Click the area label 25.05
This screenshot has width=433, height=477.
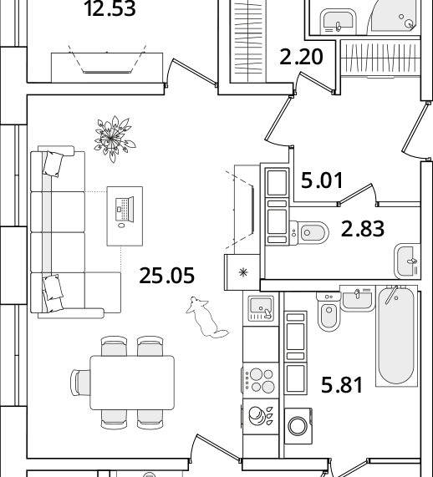pyautogui.click(x=166, y=276)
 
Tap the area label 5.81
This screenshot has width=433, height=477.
pyautogui.click(x=342, y=385)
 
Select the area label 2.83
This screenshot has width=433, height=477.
pyautogui.click(x=362, y=229)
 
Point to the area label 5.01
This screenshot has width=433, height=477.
pyautogui.click(x=322, y=180)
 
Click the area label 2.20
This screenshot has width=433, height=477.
pyautogui.click(x=301, y=57)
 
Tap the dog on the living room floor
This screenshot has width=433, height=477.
pyautogui.click(x=206, y=317)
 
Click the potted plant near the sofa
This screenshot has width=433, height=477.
pyautogui.click(x=115, y=139)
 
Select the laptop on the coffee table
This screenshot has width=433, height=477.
pyautogui.click(x=125, y=210)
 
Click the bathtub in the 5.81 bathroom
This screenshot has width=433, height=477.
pyautogui.click(x=396, y=336)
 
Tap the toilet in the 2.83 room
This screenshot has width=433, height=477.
pyautogui.click(x=308, y=233)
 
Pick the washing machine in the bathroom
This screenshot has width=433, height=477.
pyautogui.click(x=298, y=426)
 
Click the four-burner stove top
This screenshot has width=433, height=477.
pyautogui.click(x=261, y=380)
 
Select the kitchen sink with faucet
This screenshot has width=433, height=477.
pyautogui.click(x=261, y=309)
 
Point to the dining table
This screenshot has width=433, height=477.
pyautogui.click(x=132, y=383)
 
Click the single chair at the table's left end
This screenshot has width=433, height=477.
pyautogui.click(x=80, y=383)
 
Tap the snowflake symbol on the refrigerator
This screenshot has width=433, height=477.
pyautogui.click(x=243, y=272)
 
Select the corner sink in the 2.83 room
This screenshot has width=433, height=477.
pyautogui.click(x=407, y=261)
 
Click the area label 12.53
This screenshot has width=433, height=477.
pyautogui.click(x=110, y=9)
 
